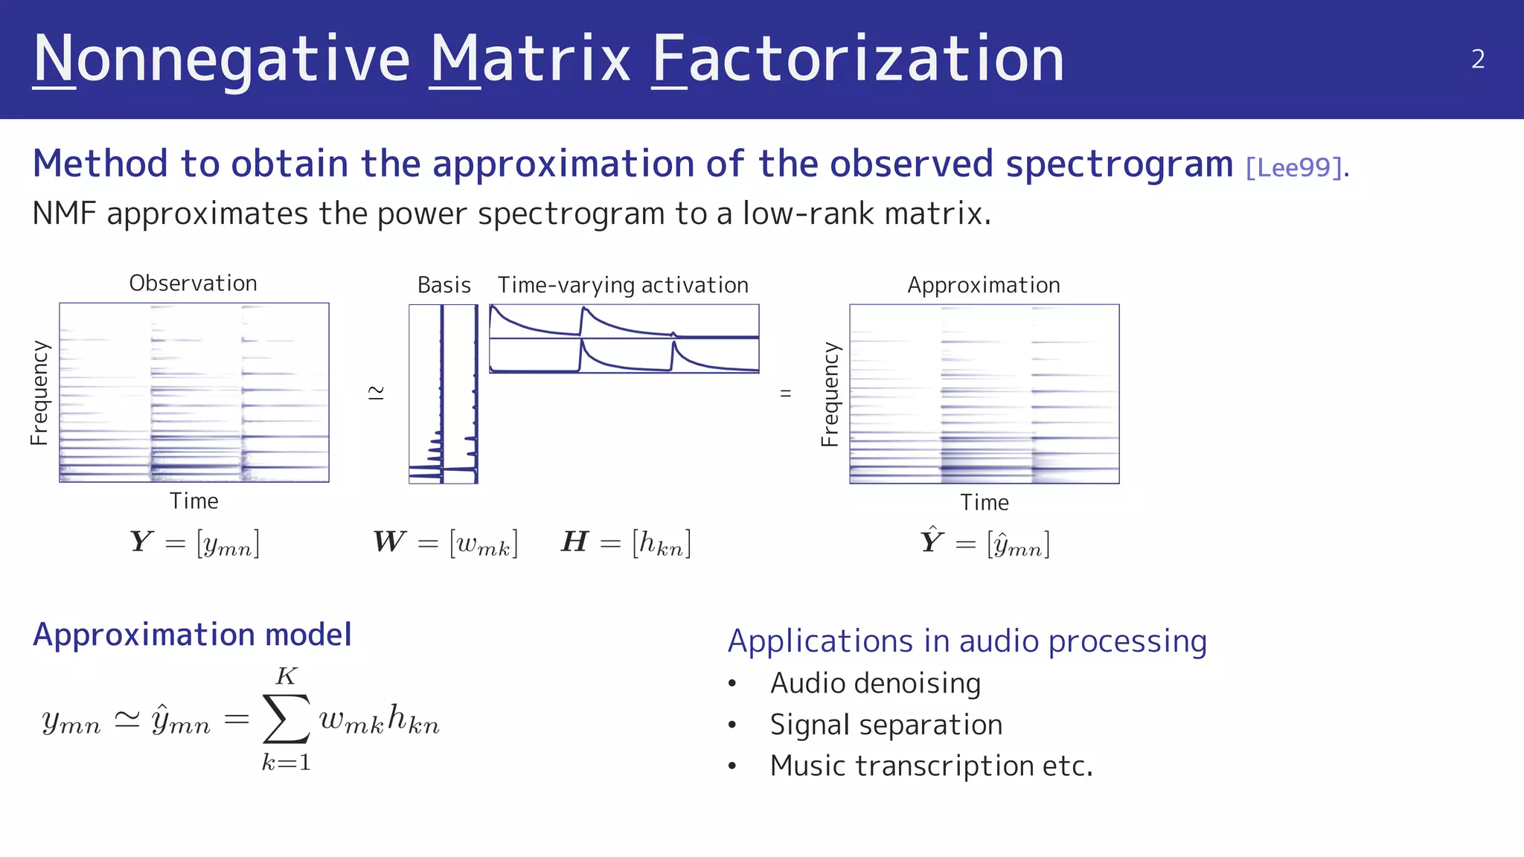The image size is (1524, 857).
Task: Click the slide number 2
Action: (x=1478, y=60)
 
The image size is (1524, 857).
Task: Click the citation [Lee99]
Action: (x=1294, y=167)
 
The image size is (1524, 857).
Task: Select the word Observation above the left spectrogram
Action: (x=193, y=283)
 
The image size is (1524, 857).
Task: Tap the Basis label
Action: (x=444, y=286)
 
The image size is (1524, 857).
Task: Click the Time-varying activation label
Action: (x=623, y=286)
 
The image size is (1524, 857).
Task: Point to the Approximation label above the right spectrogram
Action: (x=984, y=286)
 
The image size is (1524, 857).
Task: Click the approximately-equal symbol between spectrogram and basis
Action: (x=377, y=393)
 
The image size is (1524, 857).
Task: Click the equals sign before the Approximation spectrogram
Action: (x=785, y=393)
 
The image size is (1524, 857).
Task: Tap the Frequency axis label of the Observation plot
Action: (x=39, y=393)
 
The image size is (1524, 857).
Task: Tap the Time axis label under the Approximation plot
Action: (x=984, y=503)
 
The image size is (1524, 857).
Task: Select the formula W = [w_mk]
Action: (x=445, y=543)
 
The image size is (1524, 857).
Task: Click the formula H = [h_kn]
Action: (x=626, y=543)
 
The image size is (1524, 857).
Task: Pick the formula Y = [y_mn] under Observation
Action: (x=194, y=543)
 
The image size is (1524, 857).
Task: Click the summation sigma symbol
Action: (x=286, y=719)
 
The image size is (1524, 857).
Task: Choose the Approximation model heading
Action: (x=192, y=635)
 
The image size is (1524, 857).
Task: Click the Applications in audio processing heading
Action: (x=967, y=641)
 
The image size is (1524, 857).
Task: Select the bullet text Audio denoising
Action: (x=875, y=683)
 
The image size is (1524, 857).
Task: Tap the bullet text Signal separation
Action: (x=886, y=725)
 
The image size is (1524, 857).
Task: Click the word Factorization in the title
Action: (x=858, y=60)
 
